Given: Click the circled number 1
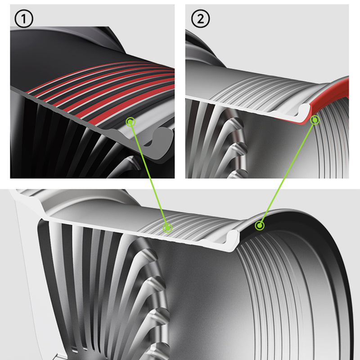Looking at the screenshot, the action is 24,18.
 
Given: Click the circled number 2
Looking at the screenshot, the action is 200,18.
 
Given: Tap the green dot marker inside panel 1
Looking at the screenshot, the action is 130,121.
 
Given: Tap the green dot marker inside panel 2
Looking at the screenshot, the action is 315,120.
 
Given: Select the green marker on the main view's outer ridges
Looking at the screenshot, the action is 167,228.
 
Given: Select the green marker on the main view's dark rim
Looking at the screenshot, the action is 260,226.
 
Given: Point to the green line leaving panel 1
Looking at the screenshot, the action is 149,175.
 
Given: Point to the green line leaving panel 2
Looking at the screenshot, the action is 287,173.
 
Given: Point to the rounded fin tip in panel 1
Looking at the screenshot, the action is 133,161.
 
